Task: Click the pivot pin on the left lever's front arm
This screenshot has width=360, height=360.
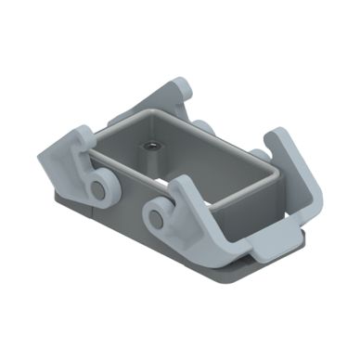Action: click(96, 191)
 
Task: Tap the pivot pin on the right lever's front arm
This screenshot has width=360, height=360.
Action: click(155, 219)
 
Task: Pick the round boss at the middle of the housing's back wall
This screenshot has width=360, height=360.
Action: click(204, 127)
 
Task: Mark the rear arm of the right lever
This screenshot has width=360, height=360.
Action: click(292, 167)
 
